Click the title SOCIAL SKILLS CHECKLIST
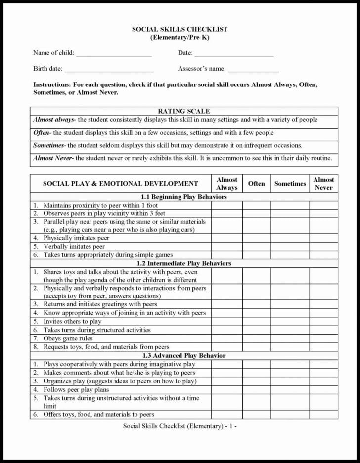point(180,29)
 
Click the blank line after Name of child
point(114,54)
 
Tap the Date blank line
point(234,54)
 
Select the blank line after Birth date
point(109,70)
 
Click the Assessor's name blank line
point(253,70)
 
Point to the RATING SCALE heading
point(183,111)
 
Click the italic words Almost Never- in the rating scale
point(53,159)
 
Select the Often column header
point(256,184)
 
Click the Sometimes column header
point(290,184)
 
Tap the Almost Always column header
point(227,184)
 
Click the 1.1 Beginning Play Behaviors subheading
point(183,197)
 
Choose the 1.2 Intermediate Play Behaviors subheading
point(183,263)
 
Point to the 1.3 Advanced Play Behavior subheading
point(183,356)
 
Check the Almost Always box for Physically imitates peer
point(227,238)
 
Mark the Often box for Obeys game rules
point(256,338)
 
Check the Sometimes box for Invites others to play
point(290,322)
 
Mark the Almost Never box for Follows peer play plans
point(324,389)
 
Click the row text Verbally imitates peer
point(74,247)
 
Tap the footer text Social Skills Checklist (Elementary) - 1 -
point(180,426)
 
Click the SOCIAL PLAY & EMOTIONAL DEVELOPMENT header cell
point(120,184)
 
